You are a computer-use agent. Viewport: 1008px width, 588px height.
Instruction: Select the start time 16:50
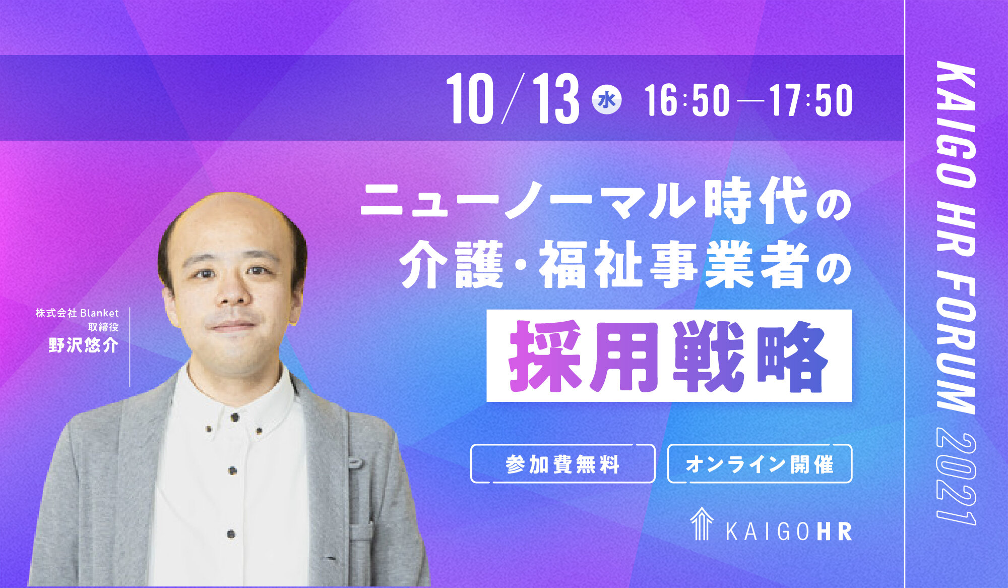click(x=687, y=100)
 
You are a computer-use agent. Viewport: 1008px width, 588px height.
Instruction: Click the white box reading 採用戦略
click(x=669, y=356)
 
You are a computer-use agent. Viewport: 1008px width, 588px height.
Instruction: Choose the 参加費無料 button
click(x=563, y=464)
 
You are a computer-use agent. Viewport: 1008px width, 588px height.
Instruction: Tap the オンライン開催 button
click(x=760, y=464)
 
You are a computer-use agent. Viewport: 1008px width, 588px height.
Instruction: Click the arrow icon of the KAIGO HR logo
click(x=702, y=524)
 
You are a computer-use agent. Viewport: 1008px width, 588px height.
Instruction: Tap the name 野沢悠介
click(x=84, y=345)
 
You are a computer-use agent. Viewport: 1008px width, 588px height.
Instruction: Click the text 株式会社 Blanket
click(x=77, y=313)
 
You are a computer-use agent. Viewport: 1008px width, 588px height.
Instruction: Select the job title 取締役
click(x=103, y=327)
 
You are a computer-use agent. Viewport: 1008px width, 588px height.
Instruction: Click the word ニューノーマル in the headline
click(x=529, y=201)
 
